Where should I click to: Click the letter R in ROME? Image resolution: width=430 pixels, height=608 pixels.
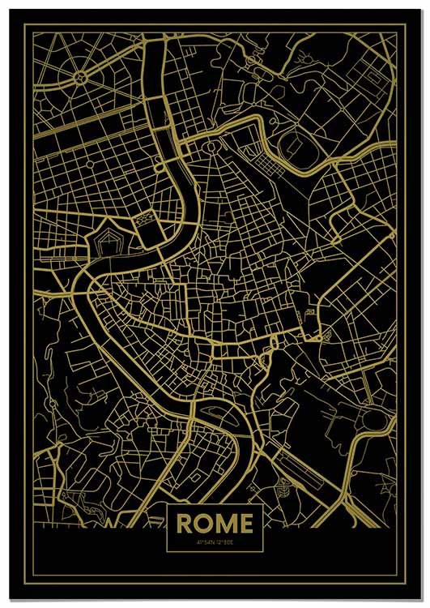tap(184, 524)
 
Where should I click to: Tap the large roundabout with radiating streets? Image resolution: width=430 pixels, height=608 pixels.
tap(81, 78)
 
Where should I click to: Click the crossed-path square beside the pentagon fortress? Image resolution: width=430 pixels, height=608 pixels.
tap(148, 219)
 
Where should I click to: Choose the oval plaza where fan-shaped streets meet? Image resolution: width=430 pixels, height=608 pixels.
tap(212, 148)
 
